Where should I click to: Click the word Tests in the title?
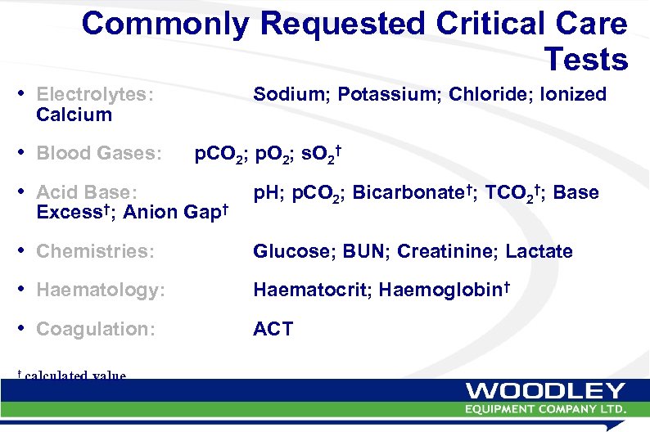585,59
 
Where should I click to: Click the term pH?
265,193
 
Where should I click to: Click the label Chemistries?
95,252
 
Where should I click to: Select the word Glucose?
290,252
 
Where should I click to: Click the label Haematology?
101,290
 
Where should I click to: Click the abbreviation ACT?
273,330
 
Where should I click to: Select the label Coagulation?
97,330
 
